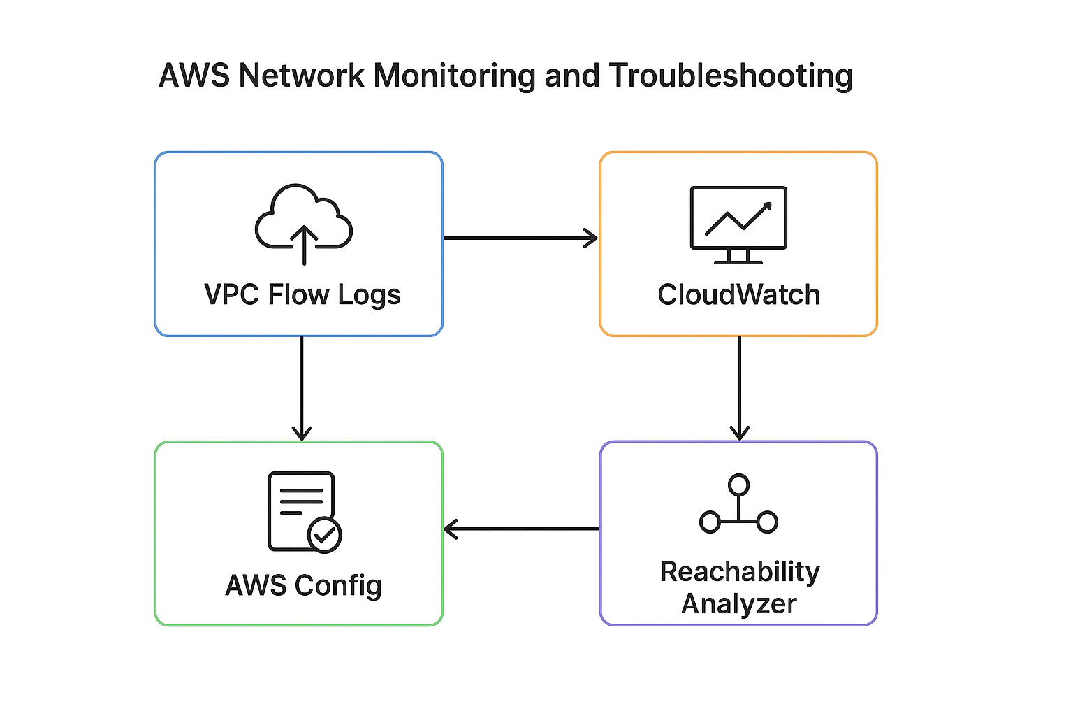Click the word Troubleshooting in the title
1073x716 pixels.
coord(731,76)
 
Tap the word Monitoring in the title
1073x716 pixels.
coord(455,76)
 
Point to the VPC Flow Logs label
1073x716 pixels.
coord(302,295)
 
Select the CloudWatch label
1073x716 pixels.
coord(738,295)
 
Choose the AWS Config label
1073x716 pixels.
coord(303,586)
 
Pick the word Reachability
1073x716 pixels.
coord(739,572)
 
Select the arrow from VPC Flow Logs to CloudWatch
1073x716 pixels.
coord(520,238)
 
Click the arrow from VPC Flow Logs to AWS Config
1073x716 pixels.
coord(302,388)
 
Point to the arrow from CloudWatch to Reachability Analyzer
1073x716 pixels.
coord(739,388)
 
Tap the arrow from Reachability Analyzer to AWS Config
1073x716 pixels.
coord(521,529)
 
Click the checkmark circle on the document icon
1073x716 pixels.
coord(324,536)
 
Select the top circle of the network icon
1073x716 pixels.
coord(738,484)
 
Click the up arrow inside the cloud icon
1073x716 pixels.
coord(304,245)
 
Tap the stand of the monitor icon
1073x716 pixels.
coord(738,257)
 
